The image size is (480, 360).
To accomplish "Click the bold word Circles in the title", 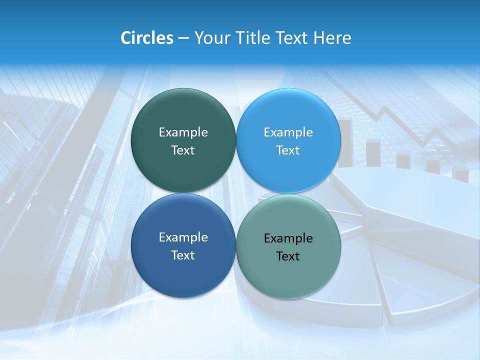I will (146, 38).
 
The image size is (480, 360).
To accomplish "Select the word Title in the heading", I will (253, 38).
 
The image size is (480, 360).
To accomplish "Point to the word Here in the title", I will (332, 38).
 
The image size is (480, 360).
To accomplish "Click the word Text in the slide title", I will (291, 38).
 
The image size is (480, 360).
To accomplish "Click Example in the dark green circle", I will (183, 132).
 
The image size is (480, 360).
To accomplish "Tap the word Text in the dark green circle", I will (183, 150).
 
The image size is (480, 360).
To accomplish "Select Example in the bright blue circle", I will (288, 132).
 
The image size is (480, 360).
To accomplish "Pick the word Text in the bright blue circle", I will (288, 150).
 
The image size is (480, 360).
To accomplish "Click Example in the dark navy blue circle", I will (183, 237).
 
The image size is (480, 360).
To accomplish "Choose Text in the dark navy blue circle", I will (183, 255).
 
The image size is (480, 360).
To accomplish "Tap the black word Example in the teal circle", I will (288, 238).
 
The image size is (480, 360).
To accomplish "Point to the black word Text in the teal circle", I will (288, 256).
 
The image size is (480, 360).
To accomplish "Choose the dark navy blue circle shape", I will (183, 275).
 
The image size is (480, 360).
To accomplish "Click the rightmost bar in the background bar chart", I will (460, 173).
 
